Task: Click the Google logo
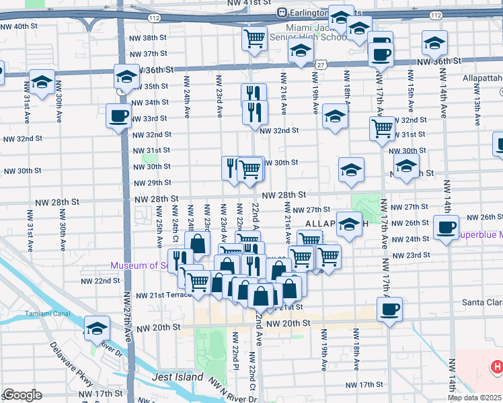22,395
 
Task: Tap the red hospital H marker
496,367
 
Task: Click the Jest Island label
178,377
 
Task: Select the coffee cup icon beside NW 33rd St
119,116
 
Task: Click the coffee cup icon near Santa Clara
389,309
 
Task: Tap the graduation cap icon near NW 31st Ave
42,82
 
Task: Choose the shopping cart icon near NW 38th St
254,39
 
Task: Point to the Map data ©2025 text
474,398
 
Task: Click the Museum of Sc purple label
138,265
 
